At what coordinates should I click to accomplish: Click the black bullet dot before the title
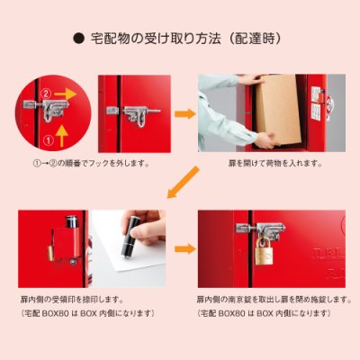coord(78,40)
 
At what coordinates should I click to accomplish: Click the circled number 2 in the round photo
coord(46,94)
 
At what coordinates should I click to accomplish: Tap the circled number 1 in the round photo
coord(49,139)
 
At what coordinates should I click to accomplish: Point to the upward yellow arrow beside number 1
coord(62,136)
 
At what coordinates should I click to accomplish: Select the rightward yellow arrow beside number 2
coord(65,94)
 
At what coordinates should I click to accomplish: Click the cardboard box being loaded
coord(278,109)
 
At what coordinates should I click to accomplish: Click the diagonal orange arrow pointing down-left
coord(183,182)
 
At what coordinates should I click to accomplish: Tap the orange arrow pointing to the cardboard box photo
coord(185,114)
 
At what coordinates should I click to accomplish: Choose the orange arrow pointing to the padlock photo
coord(185,248)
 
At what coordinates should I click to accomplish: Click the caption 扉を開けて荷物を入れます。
coord(275,164)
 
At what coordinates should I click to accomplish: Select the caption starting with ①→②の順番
coord(91,164)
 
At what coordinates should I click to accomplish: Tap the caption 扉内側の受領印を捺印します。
coord(72,300)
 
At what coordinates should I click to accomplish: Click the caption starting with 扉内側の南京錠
coord(274,300)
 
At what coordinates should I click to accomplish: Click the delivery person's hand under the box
coord(267,140)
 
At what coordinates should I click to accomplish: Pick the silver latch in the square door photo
coord(133,115)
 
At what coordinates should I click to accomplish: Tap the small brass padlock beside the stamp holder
coord(50,254)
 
